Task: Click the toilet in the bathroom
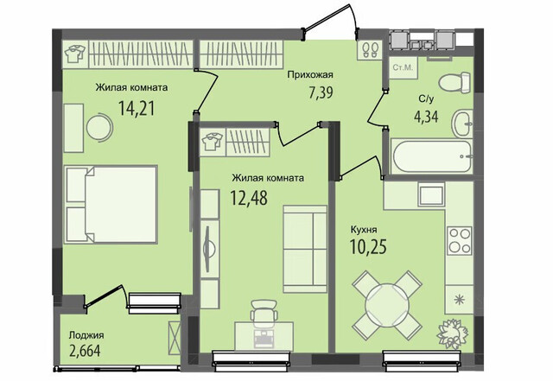click(454, 83)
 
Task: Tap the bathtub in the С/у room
click(432, 157)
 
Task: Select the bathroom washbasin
click(461, 124)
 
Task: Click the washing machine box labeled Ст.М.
click(403, 67)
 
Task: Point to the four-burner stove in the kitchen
click(460, 240)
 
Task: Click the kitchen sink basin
click(431, 194)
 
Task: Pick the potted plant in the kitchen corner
click(452, 333)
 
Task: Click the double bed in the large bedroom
click(111, 204)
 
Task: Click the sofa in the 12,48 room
click(305, 249)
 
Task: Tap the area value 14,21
click(137, 108)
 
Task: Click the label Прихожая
click(310, 75)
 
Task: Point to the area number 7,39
click(321, 92)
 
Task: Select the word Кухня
click(364, 230)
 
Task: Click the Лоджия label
click(86, 335)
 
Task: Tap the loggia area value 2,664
click(85, 351)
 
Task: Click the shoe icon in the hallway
click(371, 49)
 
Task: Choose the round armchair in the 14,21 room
click(99, 127)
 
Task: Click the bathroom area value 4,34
click(426, 117)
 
